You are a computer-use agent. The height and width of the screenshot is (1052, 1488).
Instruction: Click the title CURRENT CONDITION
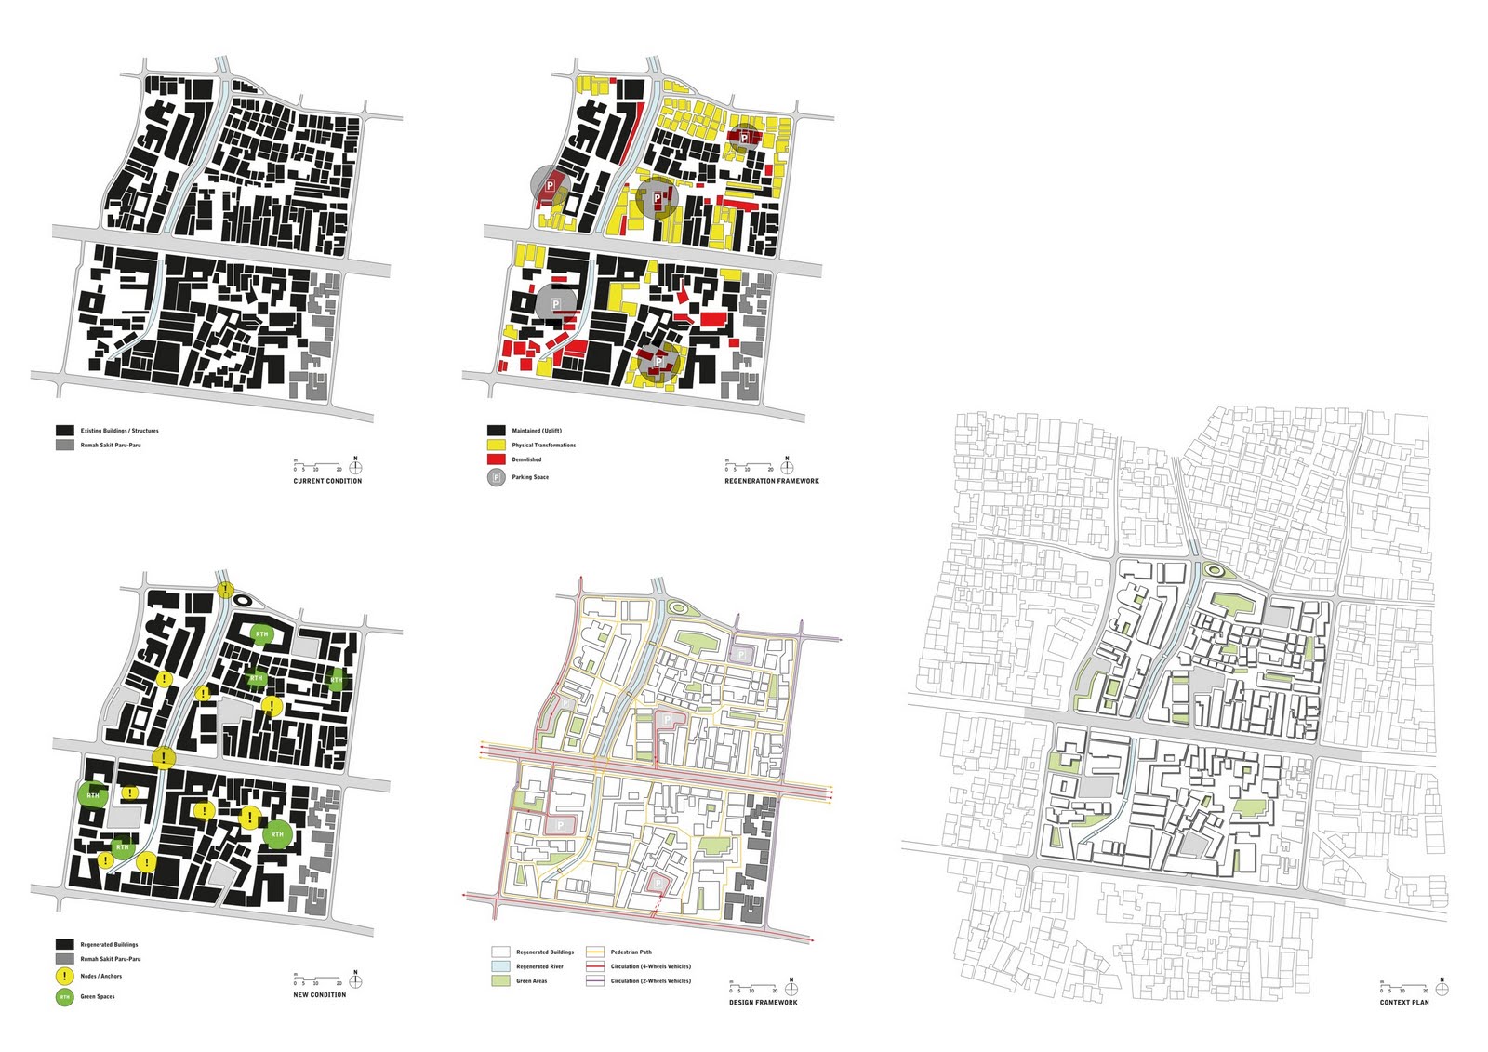tap(327, 481)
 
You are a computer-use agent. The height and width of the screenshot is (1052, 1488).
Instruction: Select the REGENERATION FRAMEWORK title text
tap(772, 481)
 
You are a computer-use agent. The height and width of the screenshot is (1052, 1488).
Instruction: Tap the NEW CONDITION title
tap(319, 995)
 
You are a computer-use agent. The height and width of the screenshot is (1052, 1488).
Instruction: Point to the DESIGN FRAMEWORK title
tap(763, 1002)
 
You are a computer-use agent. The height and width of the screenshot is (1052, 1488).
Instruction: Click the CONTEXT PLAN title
tap(1404, 1002)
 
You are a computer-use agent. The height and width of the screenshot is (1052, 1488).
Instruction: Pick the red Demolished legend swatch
tap(496, 459)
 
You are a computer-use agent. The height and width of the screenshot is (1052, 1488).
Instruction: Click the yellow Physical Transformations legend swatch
tap(496, 446)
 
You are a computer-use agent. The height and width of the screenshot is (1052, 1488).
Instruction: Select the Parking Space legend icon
tap(497, 477)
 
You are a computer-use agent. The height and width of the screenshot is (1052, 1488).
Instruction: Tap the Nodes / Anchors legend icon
tap(64, 977)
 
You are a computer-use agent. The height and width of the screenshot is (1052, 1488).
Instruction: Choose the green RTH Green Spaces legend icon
tap(64, 997)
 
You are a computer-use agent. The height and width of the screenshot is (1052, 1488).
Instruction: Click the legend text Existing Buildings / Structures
tap(119, 431)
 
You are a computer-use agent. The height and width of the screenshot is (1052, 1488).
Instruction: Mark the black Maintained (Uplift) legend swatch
tap(496, 431)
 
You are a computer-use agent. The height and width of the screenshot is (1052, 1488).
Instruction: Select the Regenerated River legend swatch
tap(500, 966)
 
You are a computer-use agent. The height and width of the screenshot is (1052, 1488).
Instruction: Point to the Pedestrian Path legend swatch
tap(595, 952)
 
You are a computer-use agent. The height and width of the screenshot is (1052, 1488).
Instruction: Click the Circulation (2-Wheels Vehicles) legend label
tap(650, 981)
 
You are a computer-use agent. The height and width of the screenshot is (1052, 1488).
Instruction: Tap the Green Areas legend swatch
tap(500, 981)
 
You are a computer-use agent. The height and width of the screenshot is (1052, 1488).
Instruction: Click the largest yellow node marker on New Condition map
tap(164, 758)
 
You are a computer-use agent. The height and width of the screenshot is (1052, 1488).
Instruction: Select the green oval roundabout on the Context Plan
tap(1215, 570)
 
